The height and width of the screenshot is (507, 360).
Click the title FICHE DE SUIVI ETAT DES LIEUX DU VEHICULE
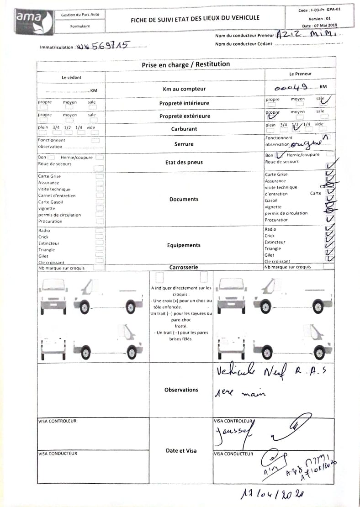(195, 18)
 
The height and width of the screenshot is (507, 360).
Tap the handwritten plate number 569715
(110, 45)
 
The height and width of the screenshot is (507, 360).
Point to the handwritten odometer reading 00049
(291, 87)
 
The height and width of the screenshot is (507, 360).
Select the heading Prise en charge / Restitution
(185, 64)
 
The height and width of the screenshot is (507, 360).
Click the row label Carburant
(185, 129)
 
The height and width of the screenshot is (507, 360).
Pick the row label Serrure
(184, 144)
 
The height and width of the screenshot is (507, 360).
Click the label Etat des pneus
(184, 162)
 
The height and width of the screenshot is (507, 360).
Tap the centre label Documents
(184, 199)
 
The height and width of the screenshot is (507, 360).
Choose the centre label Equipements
(184, 245)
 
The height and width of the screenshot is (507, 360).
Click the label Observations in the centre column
(181, 390)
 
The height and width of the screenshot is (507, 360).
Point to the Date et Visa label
(181, 450)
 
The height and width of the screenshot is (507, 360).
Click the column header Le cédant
(71, 77)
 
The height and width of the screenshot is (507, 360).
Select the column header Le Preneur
(300, 74)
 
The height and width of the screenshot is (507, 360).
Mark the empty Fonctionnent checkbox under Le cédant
(95, 140)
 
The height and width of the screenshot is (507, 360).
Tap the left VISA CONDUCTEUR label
(58, 454)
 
